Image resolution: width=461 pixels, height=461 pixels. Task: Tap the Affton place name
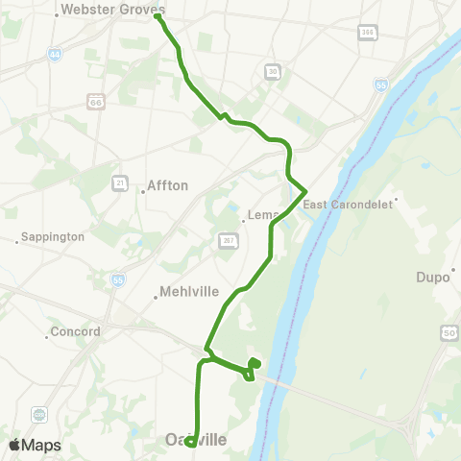169,185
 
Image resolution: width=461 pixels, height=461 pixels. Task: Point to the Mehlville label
189,291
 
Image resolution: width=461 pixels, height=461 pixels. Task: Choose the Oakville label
195,440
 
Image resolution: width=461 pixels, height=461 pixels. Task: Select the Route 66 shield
94,100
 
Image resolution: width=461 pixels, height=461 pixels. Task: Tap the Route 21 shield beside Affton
120,182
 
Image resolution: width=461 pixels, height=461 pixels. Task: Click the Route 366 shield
367,33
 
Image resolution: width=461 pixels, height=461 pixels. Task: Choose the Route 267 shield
228,239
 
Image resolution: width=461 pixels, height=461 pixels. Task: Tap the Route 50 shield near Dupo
449,332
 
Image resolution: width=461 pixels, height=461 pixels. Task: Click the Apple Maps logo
34,445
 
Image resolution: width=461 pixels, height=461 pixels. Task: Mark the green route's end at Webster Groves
157,16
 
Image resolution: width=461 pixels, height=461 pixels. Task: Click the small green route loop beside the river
254,364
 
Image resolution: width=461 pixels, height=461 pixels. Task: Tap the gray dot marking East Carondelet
396,201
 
